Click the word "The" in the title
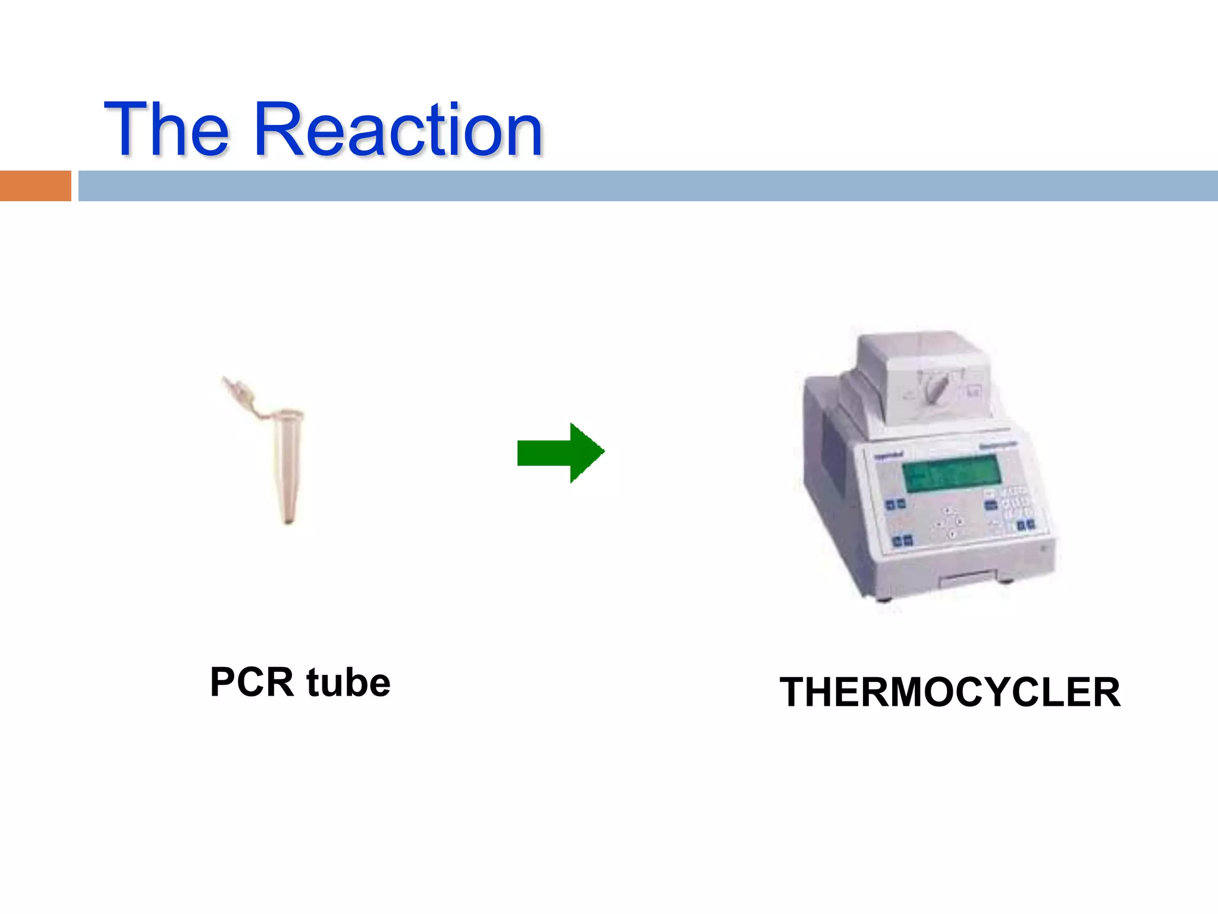pyautogui.click(x=167, y=129)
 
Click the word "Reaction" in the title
pyautogui.click(x=398, y=130)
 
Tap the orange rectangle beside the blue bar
pyautogui.click(x=35, y=186)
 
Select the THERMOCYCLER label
pyautogui.click(x=950, y=692)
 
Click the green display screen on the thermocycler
pyautogui.click(x=952, y=474)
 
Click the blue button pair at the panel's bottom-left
pyautogui.click(x=903, y=541)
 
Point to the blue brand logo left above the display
pyautogui.click(x=889, y=456)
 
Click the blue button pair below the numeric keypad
pyautogui.click(x=1025, y=525)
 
